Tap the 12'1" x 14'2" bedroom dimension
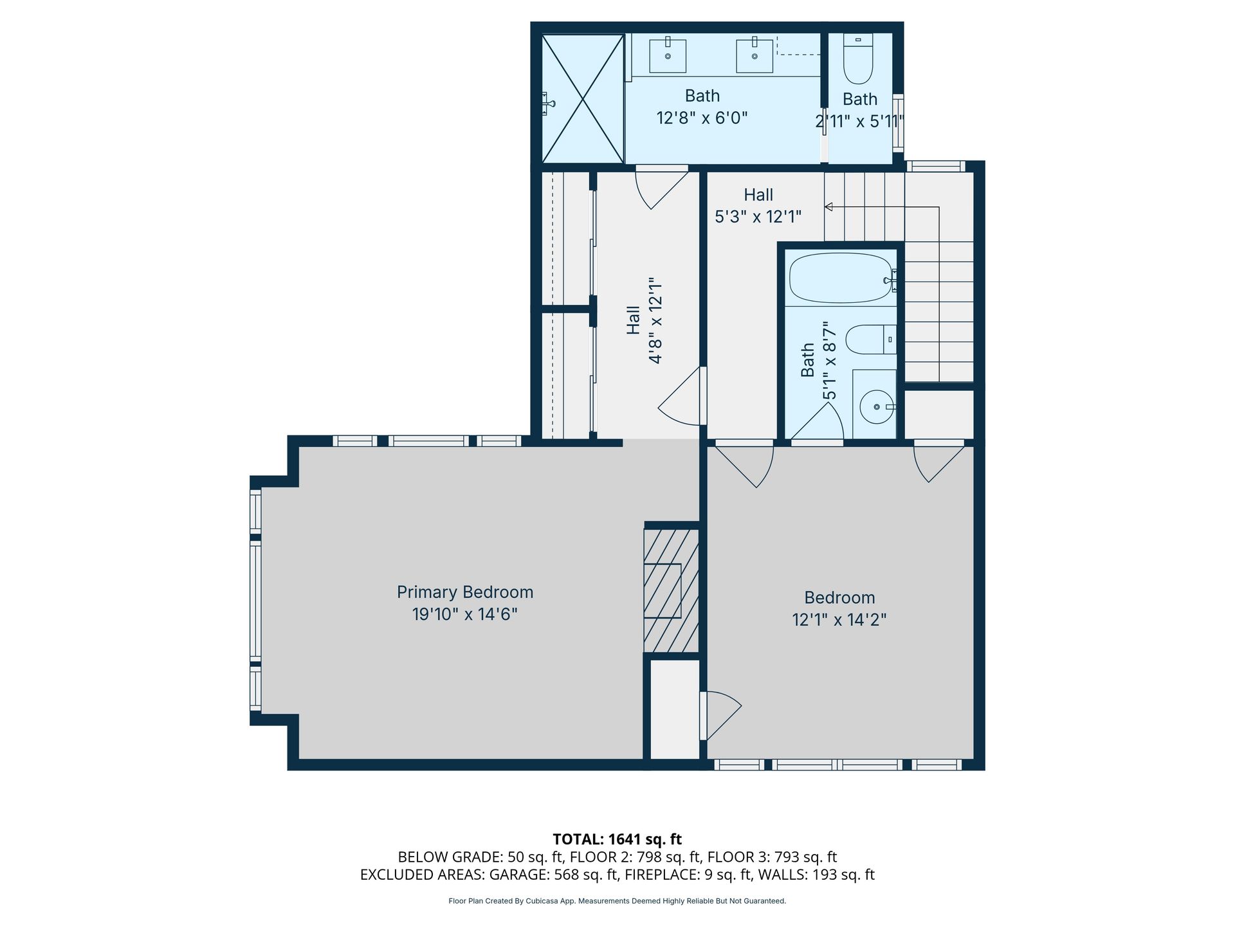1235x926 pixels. click(839, 620)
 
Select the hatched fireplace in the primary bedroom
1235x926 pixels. click(672, 591)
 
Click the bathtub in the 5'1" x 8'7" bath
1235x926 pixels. click(841, 278)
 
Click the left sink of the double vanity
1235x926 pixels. click(668, 55)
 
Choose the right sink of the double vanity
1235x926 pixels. click(755, 55)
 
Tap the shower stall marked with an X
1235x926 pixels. click(583, 98)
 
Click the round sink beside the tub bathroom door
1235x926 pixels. click(877, 406)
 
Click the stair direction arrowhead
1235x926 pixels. click(829, 207)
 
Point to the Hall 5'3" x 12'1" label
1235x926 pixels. click(758, 206)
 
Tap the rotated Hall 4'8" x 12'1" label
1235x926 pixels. click(644, 320)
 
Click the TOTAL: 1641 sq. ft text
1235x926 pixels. click(617, 839)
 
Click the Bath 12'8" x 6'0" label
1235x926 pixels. click(702, 107)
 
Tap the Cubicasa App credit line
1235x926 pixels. click(617, 901)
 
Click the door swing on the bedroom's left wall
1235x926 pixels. click(721, 715)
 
